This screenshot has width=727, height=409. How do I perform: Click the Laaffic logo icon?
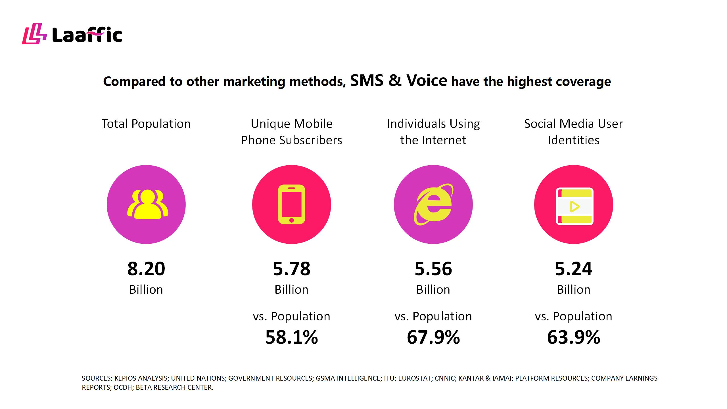[x=34, y=34]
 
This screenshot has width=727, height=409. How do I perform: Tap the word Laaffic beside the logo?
[x=87, y=36]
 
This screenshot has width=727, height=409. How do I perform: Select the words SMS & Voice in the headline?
[x=398, y=80]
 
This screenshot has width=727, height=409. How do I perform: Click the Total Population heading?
[x=146, y=124]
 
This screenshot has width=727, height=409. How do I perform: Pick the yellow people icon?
[x=148, y=204]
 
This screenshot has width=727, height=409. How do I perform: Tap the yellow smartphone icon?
[x=291, y=204]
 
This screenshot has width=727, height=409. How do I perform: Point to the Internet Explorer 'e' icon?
[x=433, y=204]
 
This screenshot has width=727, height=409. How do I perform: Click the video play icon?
[x=575, y=206]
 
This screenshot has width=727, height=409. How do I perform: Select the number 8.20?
[x=146, y=269]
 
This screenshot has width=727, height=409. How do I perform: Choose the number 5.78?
[x=291, y=269]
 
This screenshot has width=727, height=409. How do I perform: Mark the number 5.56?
[x=433, y=269]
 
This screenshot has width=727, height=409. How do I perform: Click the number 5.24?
[x=573, y=269]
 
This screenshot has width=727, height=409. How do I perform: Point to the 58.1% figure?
[x=291, y=337]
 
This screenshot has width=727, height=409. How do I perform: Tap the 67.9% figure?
[x=433, y=337]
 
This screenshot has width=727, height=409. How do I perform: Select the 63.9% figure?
[x=573, y=337]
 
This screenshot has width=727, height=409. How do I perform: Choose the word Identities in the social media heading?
[x=573, y=140]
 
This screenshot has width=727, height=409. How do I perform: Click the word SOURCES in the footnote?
[x=97, y=378]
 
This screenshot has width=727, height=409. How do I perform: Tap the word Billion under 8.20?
[x=146, y=290]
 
